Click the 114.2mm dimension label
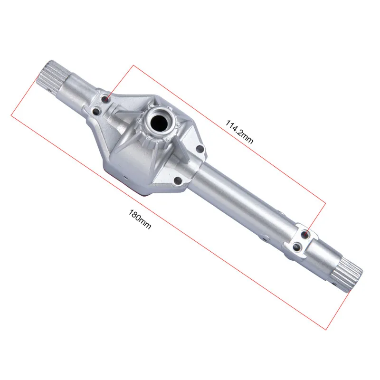tap(239, 132)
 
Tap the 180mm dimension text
tap(140, 219)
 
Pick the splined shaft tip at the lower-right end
tap(347, 275)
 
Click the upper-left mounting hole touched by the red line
tap(105, 99)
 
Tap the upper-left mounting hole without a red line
tap(96, 112)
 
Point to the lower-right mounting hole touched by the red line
tap(305, 234)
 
